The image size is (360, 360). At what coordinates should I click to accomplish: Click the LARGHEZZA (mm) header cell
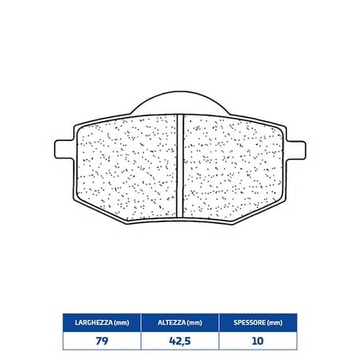(x=102, y=323)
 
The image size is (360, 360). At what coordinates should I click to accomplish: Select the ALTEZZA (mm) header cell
(x=180, y=323)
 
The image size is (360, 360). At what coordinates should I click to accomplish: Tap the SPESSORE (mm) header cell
(x=258, y=323)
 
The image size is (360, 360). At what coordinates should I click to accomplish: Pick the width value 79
(x=102, y=341)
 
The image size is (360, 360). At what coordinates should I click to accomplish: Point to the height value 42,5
(x=180, y=341)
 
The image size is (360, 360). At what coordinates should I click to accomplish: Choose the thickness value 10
(x=257, y=341)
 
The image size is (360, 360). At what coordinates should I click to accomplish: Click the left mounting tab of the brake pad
(x=64, y=150)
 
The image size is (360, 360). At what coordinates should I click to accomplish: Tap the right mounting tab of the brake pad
(x=296, y=150)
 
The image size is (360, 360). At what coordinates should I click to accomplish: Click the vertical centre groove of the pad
(x=180, y=166)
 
